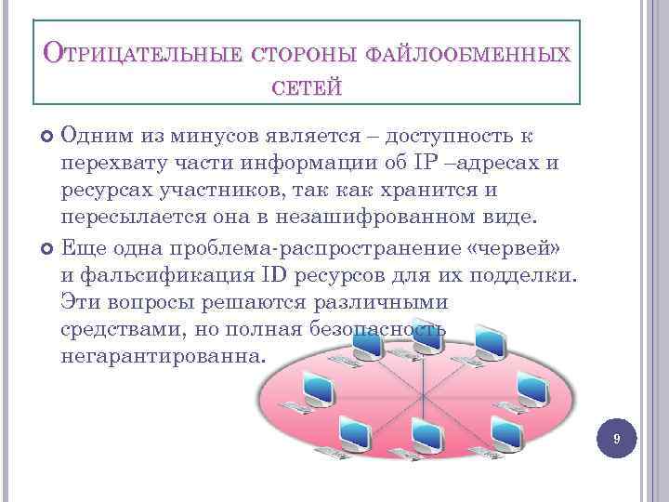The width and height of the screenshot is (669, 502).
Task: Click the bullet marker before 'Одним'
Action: pyautogui.click(x=49, y=138)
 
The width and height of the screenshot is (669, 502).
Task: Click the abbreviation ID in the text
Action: pyautogui.click(x=276, y=275)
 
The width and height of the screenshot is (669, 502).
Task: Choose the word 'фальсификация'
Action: pyautogui.click(x=164, y=275)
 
